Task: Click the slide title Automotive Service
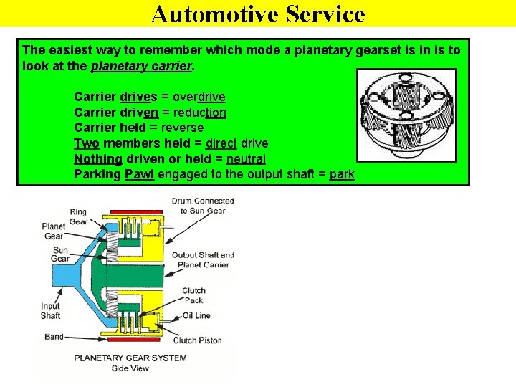(x=258, y=14)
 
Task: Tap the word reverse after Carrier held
(x=183, y=128)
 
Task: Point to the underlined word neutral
(x=245, y=159)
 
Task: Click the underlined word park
(x=342, y=175)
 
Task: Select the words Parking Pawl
(x=115, y=175)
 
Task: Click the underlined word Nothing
(x=98, y=159)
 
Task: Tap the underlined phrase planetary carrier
(x=142, y=66)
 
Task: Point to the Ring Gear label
(x=78, y=216)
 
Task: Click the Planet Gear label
(x=54, y=231)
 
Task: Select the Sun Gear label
(x=59, y=254)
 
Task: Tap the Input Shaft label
(x=50, y=311)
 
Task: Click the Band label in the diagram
(x=54, y=336)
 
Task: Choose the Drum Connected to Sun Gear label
(x=203, y=205)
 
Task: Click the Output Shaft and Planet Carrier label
(x=203, y=259)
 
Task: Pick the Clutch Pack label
(x=193, y=295)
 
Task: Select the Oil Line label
(x=196, y=315)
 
